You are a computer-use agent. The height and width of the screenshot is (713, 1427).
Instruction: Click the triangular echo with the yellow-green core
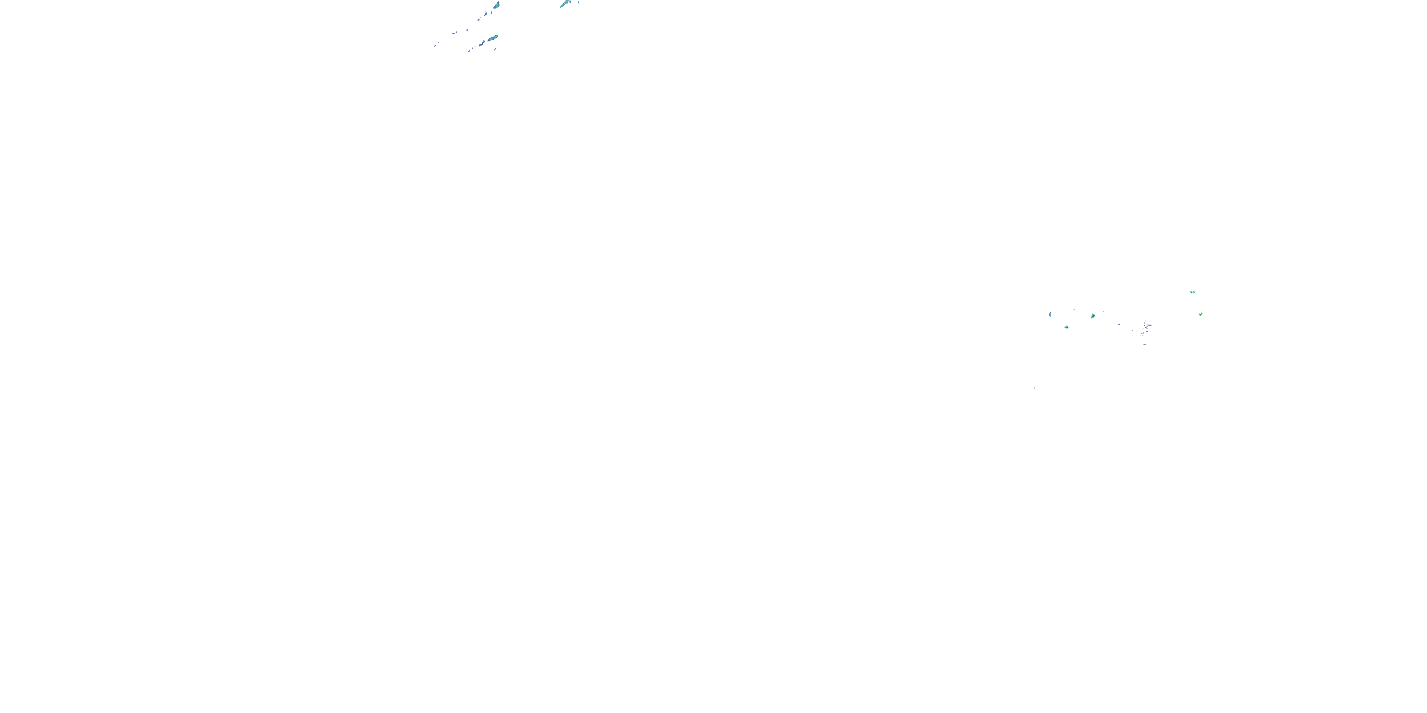1093,316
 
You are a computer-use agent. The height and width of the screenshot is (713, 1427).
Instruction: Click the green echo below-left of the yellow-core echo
1066,327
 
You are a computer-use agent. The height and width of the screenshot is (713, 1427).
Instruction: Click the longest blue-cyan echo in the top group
492,38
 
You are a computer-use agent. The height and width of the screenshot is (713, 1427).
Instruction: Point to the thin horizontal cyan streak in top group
455,32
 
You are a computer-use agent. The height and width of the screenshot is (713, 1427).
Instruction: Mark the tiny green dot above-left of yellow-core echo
1074,309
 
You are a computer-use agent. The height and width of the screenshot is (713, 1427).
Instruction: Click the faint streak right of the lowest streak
1079,380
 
